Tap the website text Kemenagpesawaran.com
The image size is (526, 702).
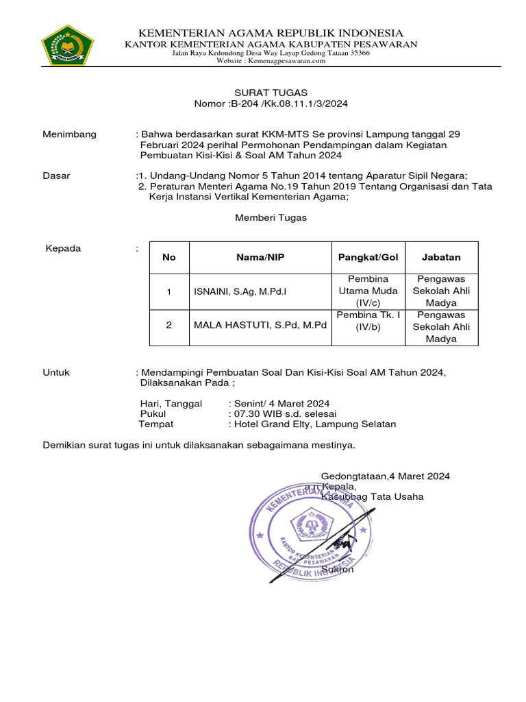pyautogui.click(x=290, y=61)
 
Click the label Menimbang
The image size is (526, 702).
pyautogui.click(x=70, y=134)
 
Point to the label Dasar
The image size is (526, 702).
pyautogui.click(x=57, y=175)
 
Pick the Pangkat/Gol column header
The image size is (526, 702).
pyautogui.click(x=368, y=257)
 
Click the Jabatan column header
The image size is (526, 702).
pyautogui.click(x=441, y=257)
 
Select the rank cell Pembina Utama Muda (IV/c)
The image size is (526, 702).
pyautogui.click(x=368, y=291)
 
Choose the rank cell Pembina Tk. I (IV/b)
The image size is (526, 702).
pyautogui.click(x=368, y=320)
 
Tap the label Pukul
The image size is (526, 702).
pyautogui.click(x=153, y=414)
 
